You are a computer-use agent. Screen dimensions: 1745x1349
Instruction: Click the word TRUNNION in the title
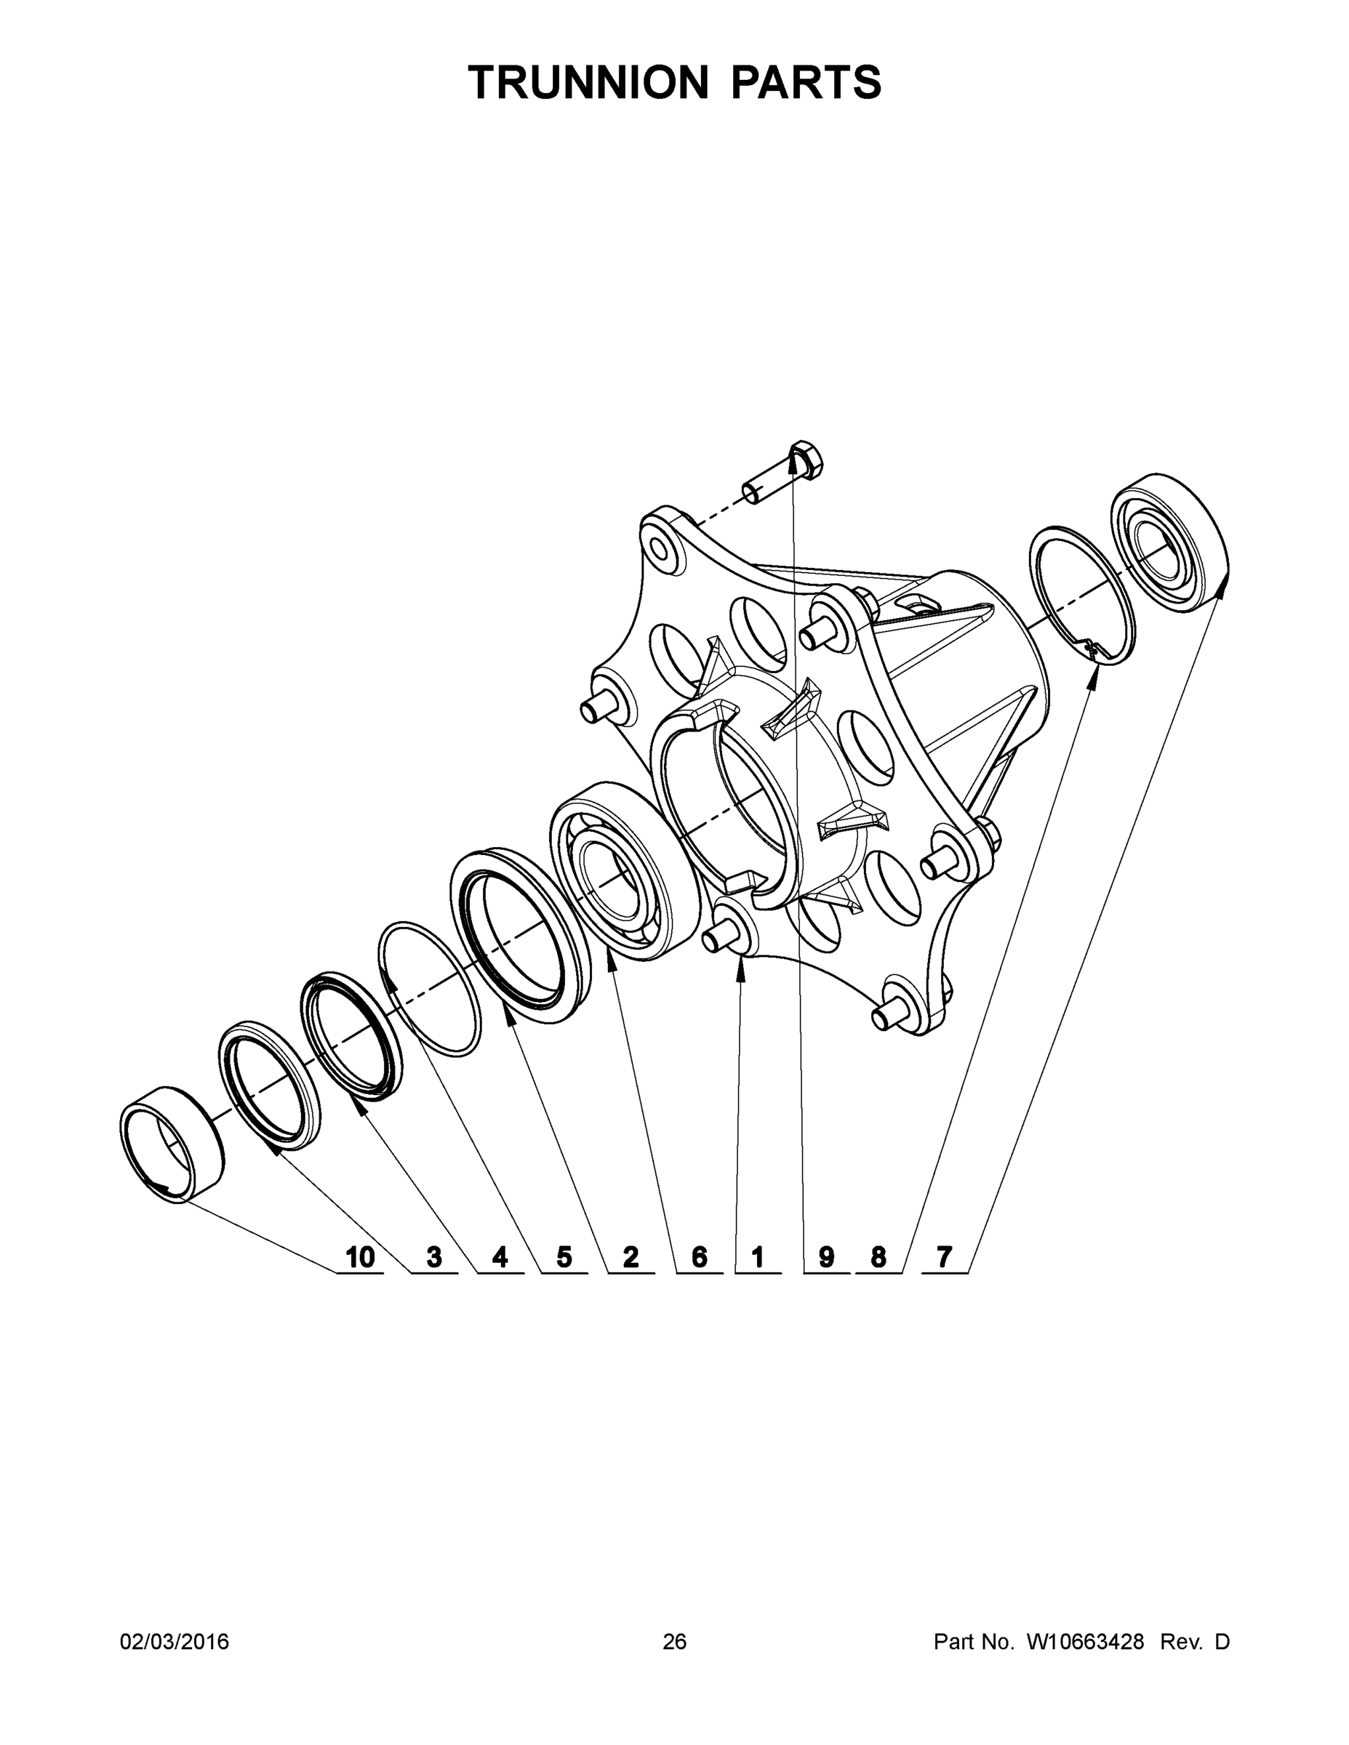(x=588, y=82)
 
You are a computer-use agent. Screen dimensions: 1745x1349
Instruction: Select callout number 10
(x=360, y=1257)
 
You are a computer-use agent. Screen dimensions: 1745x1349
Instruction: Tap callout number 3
(x=434, y=1257)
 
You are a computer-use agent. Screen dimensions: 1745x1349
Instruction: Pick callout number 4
(x=500, y=1257)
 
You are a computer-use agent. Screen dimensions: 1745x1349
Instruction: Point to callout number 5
(x=564, y=1257)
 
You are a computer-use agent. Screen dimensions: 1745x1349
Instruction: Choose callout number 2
(x=631, y=1257)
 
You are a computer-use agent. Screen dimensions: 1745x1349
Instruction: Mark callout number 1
(x=757, y=1257)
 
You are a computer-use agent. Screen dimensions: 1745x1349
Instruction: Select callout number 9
(x=826, y=1257)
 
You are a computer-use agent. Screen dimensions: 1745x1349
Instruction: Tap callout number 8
(x=878, y=1257)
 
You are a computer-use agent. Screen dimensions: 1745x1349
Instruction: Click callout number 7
(x=945, y=1257)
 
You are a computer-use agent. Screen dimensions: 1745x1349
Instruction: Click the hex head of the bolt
(x=806, y=460)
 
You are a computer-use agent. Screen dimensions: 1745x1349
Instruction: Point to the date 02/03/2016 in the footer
(x=175, y=1642)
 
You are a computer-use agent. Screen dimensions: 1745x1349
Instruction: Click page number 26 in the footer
(x=675, y=1642)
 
